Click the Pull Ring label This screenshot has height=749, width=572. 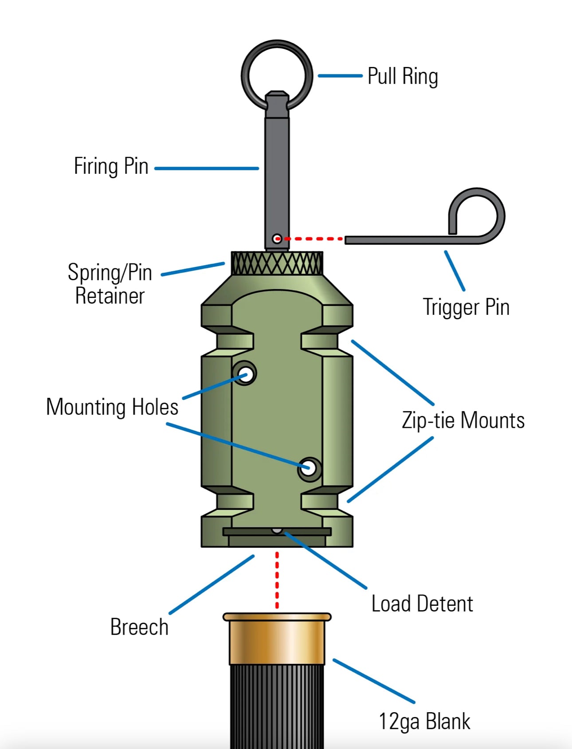pyautogui.click(x=403, y=76)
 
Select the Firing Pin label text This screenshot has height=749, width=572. pyautogui.click(x=111, y=167)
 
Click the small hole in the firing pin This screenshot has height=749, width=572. pyautogui.click(x=277, y=239)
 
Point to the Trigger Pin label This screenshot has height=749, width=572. pyautogui.click(x=466, y=307)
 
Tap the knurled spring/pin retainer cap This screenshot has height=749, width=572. pyautogui.click(x=277, y=263)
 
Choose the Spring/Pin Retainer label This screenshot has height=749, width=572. pyautogui.click(x=110, y=284)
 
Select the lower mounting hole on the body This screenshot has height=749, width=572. pyautogui.click(x=309, y=469)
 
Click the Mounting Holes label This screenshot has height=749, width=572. pyautogui.click(x=112, y=407)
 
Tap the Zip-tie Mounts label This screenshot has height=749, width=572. pyautogui.click(x=463, y=420)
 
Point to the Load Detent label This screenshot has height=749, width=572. pyautogui.click(x=422, y=604)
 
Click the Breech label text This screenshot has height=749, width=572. pyautogui.click(x=139, y=627)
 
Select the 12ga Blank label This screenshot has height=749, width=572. pyautogui.click(x=424, y=722)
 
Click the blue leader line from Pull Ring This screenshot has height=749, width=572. pyautogui.click(x=340, y=76)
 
